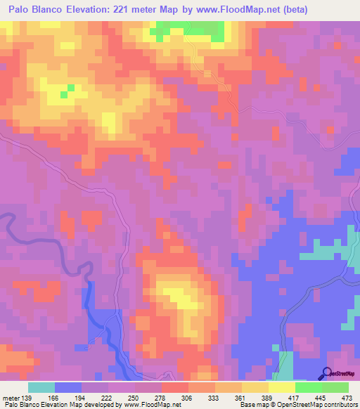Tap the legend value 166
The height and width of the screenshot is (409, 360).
[x=60, y=398]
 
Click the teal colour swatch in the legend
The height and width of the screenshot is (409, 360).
[x=41, y=388]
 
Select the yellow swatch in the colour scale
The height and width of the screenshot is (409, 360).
[x=282, y=388]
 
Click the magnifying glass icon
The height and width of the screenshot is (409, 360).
[x=326, y=373]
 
